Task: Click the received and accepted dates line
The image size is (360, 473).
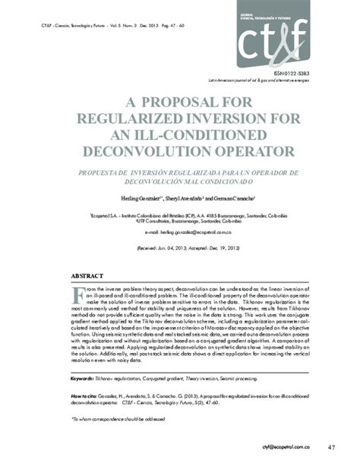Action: tap(179, 248)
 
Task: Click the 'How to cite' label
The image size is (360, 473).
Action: tap(86, 396)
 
